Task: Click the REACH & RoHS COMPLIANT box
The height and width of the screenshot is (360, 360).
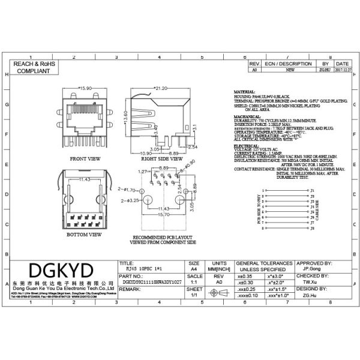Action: tap(31, 67)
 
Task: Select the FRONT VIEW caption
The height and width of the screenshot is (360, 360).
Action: tap(85, 159)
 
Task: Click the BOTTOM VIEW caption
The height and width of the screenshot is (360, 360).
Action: tap(83, 235)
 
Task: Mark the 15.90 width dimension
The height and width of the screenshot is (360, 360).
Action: tap(84, 88)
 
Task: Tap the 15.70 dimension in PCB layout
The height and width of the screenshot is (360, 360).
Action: tap(163, 214)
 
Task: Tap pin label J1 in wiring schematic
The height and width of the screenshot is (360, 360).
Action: tap(312, 190)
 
